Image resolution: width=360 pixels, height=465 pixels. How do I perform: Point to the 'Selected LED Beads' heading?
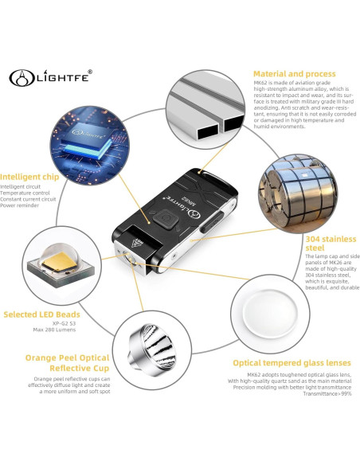coord(41,314)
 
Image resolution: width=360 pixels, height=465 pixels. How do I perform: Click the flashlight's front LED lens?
coord(128,257)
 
